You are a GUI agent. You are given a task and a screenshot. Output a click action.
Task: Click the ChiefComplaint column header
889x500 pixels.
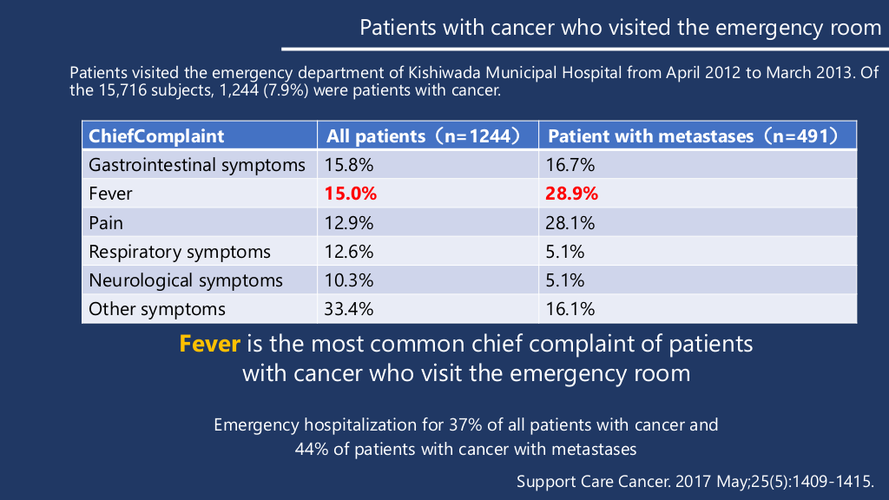(x=157, y=136)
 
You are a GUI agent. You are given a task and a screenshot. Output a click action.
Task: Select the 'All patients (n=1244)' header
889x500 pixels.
(x=423, y=136)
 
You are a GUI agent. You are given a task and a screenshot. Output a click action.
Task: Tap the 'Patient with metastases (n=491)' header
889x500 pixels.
(x=693, y=136)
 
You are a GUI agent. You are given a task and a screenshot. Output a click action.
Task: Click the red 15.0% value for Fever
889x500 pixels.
(x=351, y=194)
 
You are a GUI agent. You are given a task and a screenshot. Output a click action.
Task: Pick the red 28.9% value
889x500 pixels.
(x=571, y=194)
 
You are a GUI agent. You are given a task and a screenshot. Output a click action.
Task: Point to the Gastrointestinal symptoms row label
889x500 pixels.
(x=197, y=165)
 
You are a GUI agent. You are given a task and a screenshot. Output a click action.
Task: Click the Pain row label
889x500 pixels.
(x=106, y=223)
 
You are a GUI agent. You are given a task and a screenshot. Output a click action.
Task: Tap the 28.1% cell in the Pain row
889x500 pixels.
(x=570, y=223)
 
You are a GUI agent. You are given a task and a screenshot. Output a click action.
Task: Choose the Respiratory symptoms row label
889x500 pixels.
(x=180, y=253)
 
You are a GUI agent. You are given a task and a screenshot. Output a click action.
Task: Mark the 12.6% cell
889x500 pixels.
(x=349, y=253)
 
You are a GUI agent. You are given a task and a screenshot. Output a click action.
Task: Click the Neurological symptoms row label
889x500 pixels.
(x=186, y=281)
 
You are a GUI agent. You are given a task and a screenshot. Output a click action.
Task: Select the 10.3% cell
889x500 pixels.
(x=349, y=281)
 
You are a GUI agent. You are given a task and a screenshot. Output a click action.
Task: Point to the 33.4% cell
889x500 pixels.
(x=349, y=310)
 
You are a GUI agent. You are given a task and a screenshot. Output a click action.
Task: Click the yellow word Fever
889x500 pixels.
(x=209, y=344)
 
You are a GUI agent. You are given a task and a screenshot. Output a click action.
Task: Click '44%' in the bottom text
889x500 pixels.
(x=313, y=450)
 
